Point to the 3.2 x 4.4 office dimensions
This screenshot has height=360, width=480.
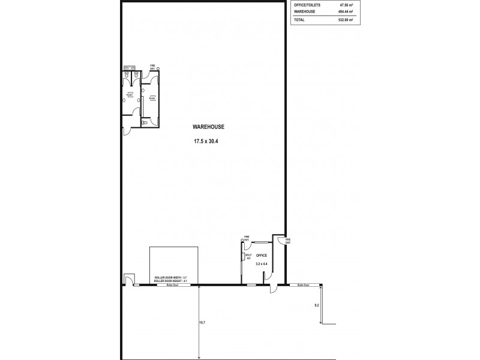260,263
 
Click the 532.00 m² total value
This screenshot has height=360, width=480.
345,19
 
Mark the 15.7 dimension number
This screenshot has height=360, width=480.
202,323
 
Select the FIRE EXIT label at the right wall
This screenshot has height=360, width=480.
287,241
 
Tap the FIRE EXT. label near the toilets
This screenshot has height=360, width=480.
152,68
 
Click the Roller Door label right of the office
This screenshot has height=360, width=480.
303,286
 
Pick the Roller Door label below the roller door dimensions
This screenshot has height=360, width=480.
164,286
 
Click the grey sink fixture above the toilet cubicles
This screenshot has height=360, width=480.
127,67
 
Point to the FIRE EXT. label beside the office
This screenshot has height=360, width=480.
245,238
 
